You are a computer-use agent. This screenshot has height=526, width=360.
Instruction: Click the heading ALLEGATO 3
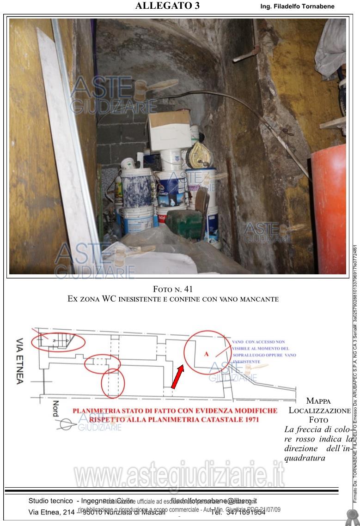(167, 6)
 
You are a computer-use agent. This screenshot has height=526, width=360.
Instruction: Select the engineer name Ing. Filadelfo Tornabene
(297, 6)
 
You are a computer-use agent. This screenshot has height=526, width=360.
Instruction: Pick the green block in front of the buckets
(183, 224)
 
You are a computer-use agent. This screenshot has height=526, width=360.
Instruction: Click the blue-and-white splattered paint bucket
(137, 189)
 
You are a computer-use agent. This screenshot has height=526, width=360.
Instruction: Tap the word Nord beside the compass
(56, 409)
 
